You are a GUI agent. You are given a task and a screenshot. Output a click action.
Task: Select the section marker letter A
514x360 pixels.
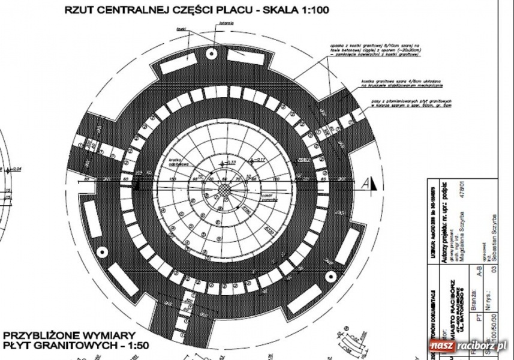click(365, 185)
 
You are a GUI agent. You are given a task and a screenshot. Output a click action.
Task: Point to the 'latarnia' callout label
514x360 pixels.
click(227, 23)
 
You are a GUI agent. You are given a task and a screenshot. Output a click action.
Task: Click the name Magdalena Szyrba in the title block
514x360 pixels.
click(462, 229)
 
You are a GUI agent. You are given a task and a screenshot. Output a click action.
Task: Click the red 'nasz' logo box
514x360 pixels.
click(443, 347)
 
